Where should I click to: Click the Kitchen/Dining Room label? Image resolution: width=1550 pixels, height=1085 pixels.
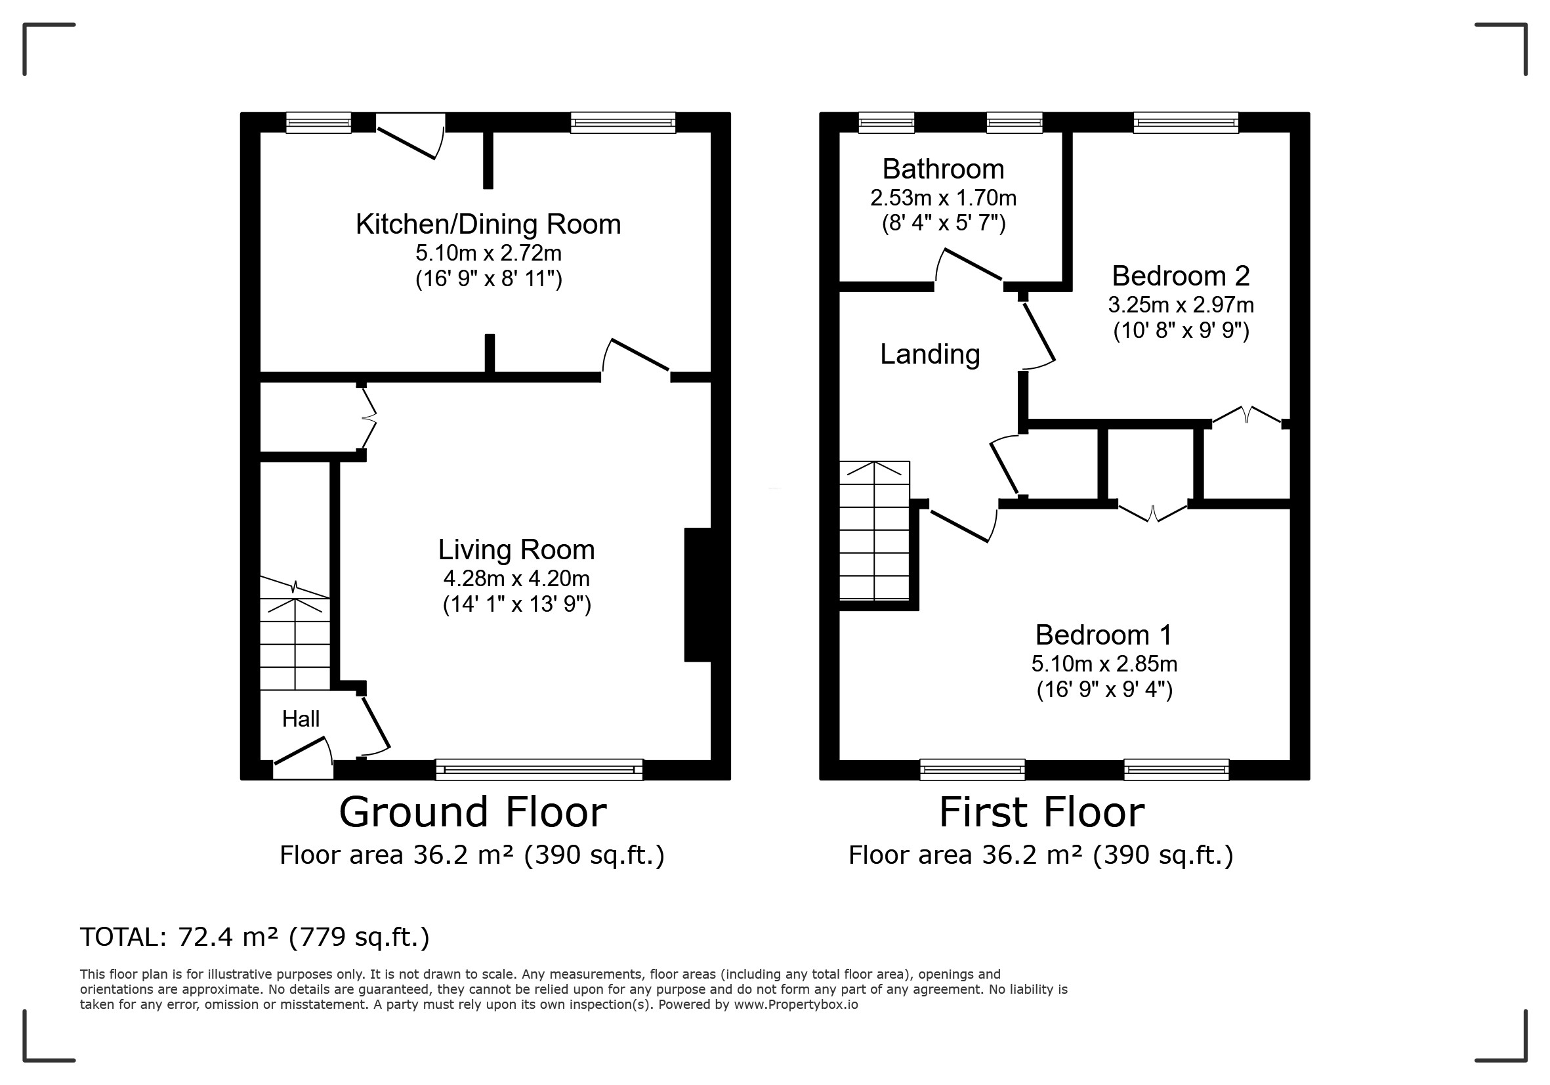point(488,224)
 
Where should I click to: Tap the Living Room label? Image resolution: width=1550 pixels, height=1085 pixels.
point(516,549)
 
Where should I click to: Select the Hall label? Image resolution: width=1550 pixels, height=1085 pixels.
point(301,718)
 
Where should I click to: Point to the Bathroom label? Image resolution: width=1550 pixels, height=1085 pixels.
point(943,169)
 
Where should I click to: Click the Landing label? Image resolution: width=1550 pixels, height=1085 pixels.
point(930,354)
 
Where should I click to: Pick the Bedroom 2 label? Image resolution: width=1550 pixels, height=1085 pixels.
point(1181,276)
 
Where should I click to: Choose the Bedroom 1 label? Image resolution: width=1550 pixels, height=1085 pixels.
point(1104,635)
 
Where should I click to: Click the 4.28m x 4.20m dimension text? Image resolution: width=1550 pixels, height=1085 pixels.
point(516,579)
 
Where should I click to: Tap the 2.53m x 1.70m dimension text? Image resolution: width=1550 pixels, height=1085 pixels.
point(943,198)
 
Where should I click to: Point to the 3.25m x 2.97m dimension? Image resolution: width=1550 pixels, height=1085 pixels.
point(1181,305)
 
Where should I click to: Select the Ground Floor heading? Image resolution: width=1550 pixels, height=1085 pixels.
point(472,811)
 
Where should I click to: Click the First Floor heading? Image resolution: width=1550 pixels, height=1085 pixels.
point(1041,811)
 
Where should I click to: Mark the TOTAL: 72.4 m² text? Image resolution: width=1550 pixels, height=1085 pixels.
point(179,937)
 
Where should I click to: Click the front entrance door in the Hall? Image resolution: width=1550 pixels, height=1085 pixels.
point(303,758)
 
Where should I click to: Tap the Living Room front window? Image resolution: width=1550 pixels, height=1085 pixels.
point(539,769)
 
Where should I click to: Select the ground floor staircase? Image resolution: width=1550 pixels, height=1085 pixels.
point(295,633)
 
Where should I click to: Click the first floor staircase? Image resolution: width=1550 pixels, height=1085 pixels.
point(874,530)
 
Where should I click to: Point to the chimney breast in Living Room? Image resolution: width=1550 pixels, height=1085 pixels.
point(698,594)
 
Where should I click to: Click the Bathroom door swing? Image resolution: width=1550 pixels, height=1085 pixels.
point(968,265)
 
